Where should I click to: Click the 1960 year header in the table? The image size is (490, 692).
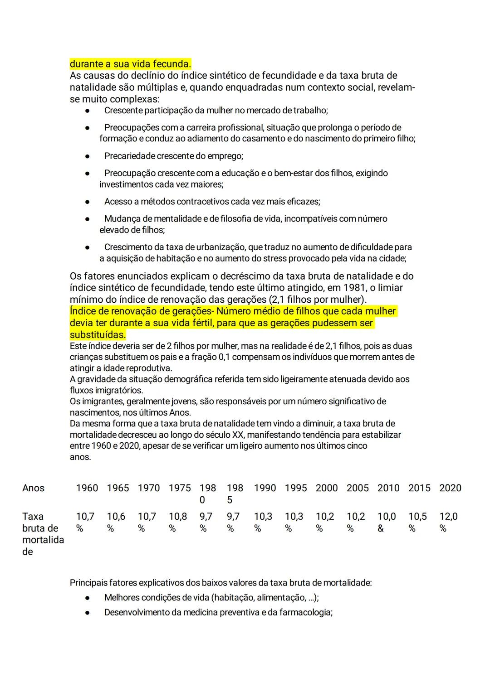coord(87,488)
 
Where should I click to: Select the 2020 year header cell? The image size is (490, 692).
coord(450,488)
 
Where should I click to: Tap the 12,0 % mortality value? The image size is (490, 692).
coord(448,522)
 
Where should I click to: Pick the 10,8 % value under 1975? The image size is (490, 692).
coord(178,522)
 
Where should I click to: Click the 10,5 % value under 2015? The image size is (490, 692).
coord(417,522)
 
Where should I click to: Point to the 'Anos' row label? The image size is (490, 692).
coord(33,488)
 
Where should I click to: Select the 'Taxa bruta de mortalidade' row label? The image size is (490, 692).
coord(43,534)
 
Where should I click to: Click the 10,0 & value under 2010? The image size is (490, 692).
coord(387,522)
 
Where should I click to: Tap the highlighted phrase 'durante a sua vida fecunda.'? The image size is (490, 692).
coord(130,63)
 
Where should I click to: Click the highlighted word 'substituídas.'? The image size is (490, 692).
coord(98,335)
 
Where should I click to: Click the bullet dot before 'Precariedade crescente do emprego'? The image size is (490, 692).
coord(87,156)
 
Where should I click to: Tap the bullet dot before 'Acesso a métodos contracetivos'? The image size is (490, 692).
coord(87,202)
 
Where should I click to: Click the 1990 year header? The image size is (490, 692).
coord(265,488)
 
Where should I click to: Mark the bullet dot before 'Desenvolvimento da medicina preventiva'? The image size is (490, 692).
coord(87,613)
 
